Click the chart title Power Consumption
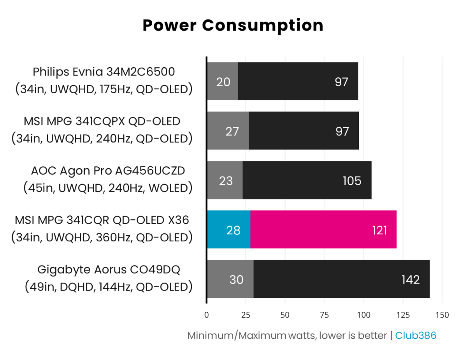(x=233, y=25)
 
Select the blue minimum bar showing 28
(x=228, y=229)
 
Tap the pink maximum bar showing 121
(x=323, y=229)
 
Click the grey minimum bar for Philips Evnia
(x=222, y=81)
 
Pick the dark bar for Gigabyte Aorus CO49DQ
(x=341, y=279)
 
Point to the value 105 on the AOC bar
(x=352, y=181)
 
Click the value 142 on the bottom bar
(x=410, y=280)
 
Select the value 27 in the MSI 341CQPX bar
(x=232, y=131)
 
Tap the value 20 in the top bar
(x=223, y=82)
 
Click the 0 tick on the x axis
(x=206, y=315)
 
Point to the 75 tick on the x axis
(x=325, y=315)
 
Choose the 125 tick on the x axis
(x=403, y=315)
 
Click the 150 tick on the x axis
(x=442, y=315)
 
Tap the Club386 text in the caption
(x=416, y=336)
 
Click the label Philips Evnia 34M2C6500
(x=104, y=72)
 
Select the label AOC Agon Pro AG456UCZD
(x=108, y=171)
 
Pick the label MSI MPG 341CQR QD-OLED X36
(x=102, y=220)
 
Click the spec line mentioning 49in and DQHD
(x=109, y=287)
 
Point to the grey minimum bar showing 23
(x=225, y=180)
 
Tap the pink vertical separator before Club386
(x=391, y=336)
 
